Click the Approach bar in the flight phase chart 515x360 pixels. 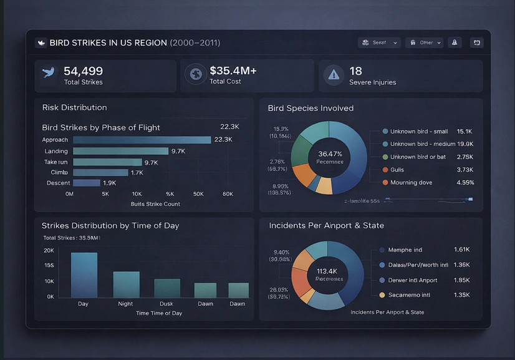(142, 140)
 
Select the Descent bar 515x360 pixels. (87, 183)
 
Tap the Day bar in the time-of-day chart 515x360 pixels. (84, 275)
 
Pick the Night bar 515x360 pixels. (126, 284)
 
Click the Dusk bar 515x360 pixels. (167, 288)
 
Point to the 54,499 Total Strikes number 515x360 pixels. (83, 71)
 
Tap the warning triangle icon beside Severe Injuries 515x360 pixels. (334, 75)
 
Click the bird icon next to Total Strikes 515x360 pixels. (48, 72)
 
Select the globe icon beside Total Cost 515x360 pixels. (196, 75)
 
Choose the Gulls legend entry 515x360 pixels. (397, 170)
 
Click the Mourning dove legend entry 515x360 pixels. (411, 183)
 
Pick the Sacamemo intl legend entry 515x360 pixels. (409, 294)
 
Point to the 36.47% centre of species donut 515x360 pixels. (330, 153)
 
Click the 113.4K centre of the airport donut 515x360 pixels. (327, 271)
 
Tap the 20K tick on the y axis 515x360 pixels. (49, 250)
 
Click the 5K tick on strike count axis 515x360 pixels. (105, 194)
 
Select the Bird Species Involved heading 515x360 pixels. (310, 108)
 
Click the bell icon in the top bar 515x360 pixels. (455, 42)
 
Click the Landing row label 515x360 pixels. (56, 151)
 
